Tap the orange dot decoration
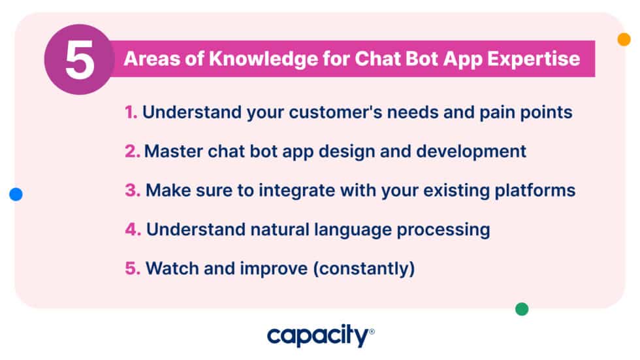624,39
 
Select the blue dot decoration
16,194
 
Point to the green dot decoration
521,309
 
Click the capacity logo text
318,336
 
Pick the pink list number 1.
131,112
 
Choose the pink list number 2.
133,151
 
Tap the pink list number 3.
133,190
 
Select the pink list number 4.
133,229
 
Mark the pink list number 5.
133,269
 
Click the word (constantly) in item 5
365,269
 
